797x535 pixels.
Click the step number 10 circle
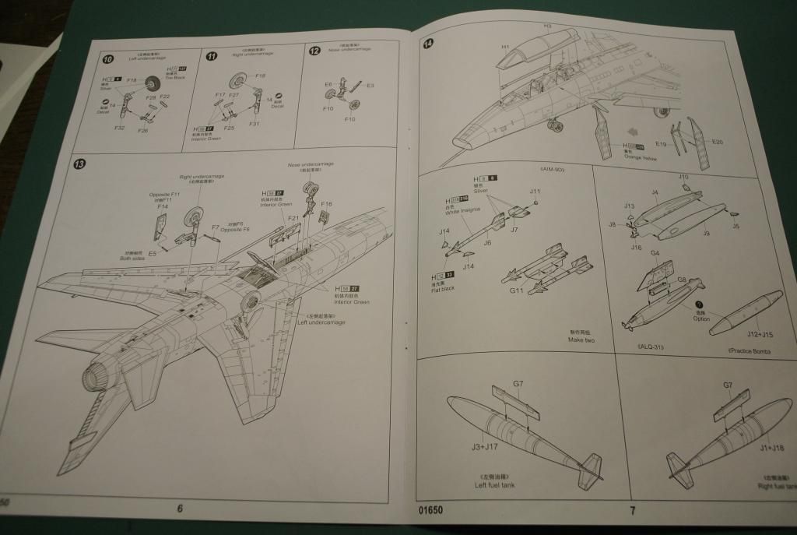click(108, 59)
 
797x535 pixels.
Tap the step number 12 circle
click(314, 51)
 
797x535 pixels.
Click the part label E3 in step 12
click(370, 86)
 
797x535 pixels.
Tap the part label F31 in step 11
click(254, 124)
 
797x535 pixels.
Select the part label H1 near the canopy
click(505, 47)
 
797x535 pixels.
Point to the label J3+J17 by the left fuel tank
click(483, 446)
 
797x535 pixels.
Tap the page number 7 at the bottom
click(632, 511)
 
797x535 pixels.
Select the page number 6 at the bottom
click(180, 509)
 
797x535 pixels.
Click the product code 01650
click(429, 511)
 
